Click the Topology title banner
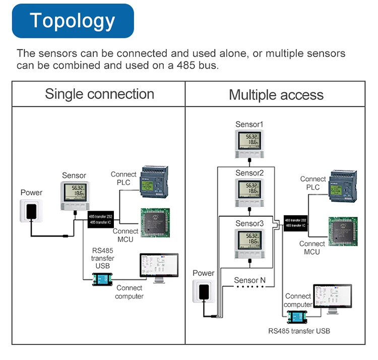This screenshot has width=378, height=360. point(73,21)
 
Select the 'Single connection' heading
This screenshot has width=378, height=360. point(99,94)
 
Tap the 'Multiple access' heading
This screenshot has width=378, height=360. point(276,95)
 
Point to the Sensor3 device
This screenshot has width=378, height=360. point(249,242)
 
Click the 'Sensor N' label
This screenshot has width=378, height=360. point(250,280)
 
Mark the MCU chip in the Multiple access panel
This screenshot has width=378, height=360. point(343,231)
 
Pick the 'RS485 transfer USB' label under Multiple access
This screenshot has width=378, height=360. point(299,331)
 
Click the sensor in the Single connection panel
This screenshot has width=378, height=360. point(74,195)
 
